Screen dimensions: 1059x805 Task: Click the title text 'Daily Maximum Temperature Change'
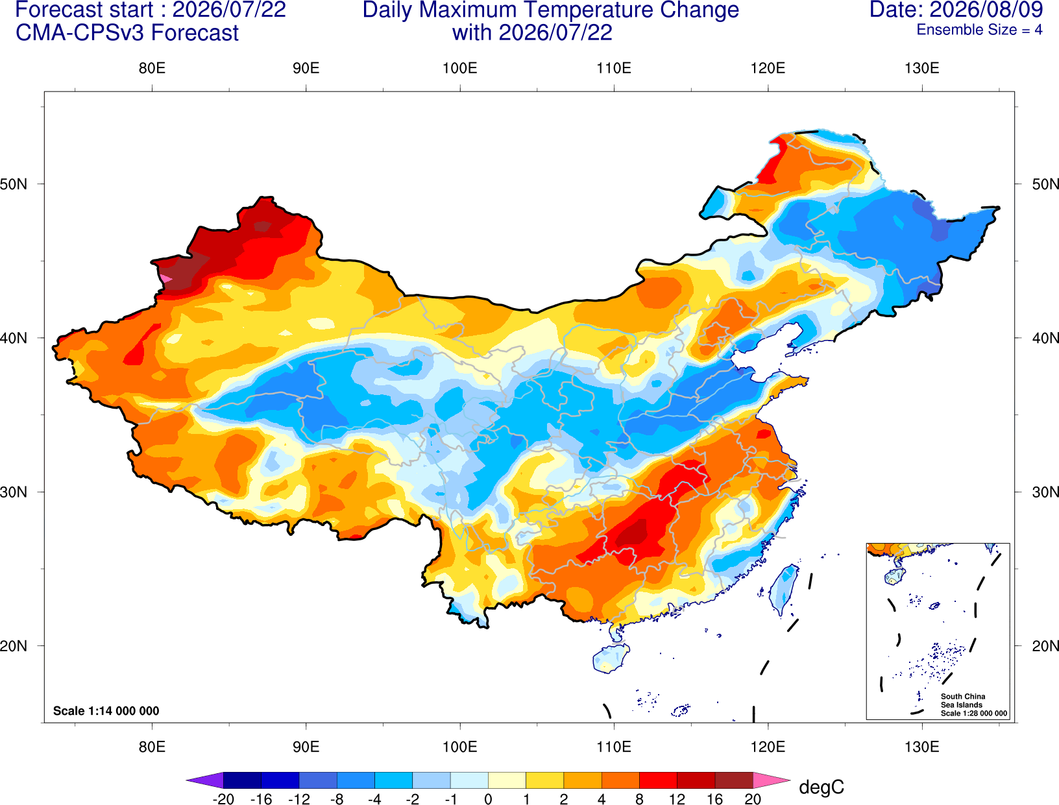click(550, 10)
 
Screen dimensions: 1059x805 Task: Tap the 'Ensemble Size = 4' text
click(979, 30)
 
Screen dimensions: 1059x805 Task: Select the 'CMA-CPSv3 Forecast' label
click(127, 33)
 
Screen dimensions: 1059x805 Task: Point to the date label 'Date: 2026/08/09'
click(956, 10)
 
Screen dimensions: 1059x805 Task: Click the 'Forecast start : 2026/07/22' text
click(151, 10)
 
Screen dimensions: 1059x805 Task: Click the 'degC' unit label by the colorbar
click(822, 787)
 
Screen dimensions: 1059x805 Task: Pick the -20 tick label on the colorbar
click(223, 799)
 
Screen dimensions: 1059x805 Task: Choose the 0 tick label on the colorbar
click(488, 799)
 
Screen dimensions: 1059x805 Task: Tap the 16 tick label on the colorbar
click(715, 799)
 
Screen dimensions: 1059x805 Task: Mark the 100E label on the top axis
click(460, 68)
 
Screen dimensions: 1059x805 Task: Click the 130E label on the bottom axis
click(922, 747)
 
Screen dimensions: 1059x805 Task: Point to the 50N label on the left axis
click(13, 184)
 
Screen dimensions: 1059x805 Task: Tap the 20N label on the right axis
click(1045, 646)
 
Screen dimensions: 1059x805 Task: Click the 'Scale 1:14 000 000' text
click(106, 711)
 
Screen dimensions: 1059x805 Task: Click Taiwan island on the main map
click(783, 590)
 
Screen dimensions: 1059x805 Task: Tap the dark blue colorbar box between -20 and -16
click(242, 780)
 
